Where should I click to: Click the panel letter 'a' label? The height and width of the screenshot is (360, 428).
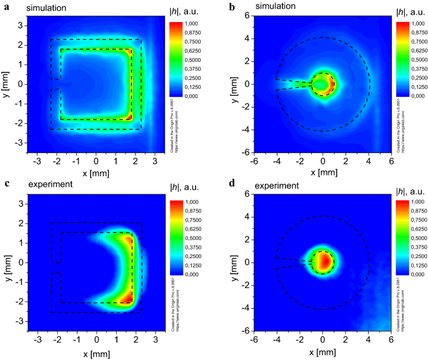click(x=4, y=6)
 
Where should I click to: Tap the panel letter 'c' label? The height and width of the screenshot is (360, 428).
click(x=4, y=186)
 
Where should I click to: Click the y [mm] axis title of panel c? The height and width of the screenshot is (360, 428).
click(x=7, y=262)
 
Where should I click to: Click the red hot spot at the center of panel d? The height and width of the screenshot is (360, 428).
click(x=324, y=261)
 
